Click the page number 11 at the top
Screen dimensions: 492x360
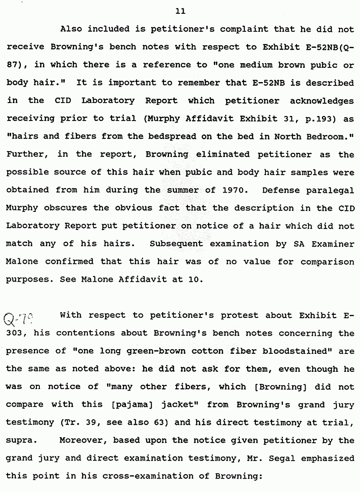pyautogui.click(x=180, y=11)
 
